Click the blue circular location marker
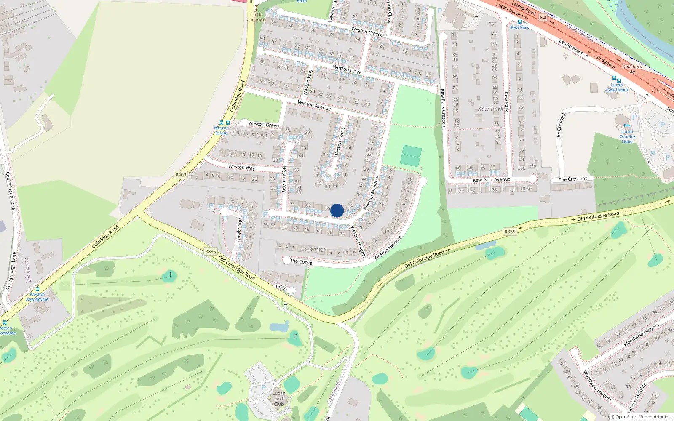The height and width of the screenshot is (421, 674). tap(337, 210)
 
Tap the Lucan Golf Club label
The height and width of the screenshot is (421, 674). tap(279, 399)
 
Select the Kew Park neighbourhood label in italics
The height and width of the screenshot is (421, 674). tap(490, 109)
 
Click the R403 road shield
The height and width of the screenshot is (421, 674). tap(181, 175)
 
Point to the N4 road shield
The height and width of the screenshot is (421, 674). tap(543, 18)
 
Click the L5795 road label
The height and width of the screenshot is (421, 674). tap(282, 288)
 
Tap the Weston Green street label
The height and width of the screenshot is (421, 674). tap(263, 124)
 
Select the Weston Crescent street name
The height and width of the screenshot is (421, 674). tap(369, 32)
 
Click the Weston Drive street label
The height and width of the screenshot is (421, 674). tap(347, 69)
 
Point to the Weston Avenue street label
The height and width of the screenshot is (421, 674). tap(314, 105)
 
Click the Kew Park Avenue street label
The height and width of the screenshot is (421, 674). tap(491, 180)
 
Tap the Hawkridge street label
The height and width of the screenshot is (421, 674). tap(239, 230)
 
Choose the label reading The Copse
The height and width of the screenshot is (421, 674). tap(301, 261)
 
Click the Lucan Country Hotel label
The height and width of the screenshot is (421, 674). tap(627, 136)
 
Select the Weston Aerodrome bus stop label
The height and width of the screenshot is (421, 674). tap(37, 297)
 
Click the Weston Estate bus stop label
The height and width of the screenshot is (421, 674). tap(221, 130)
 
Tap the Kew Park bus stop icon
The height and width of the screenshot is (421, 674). tap(519, 22)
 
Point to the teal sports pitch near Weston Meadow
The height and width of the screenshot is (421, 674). tap(411, 156)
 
